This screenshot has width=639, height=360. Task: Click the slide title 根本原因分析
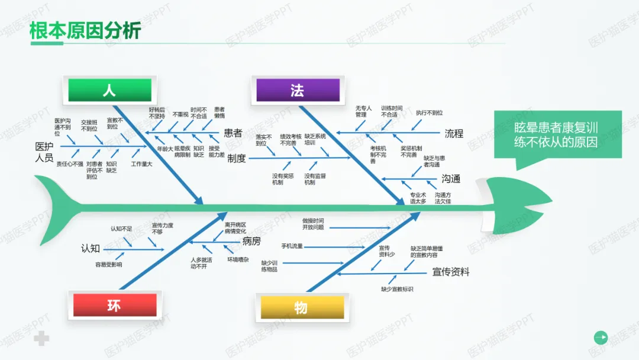click(x=85, y=30)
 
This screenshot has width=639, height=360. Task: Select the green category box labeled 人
click(x=109, y=91)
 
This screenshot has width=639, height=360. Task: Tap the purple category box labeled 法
click(x=298, y=91)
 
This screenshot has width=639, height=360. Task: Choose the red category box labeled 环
click(x=114, y=306)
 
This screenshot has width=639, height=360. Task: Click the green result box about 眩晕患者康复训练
click(x=556, y=134)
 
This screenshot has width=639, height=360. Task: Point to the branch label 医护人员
click(x=44, y=152)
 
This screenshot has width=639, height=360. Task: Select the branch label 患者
click(x=233, y=133)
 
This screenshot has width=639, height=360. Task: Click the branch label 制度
click(x=237, y=158)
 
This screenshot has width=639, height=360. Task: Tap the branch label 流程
click(x=454, y=133)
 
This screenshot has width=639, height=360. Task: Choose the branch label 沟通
click(x=450, y=179)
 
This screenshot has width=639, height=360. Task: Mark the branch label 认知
click(x=91, y=249)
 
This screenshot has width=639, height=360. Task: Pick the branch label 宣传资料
click(x=451, y=272)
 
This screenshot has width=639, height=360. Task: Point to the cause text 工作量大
click(x=141, y=164)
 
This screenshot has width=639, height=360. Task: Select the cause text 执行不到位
click(x=429, y=112)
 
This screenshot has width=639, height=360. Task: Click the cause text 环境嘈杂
click(x=238, y=259)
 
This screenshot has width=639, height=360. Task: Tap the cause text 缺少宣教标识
click(x=397, y=289)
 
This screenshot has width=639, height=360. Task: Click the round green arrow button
click(x=601, y=337)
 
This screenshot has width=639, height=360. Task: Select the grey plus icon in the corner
click(x=41, y=339)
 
